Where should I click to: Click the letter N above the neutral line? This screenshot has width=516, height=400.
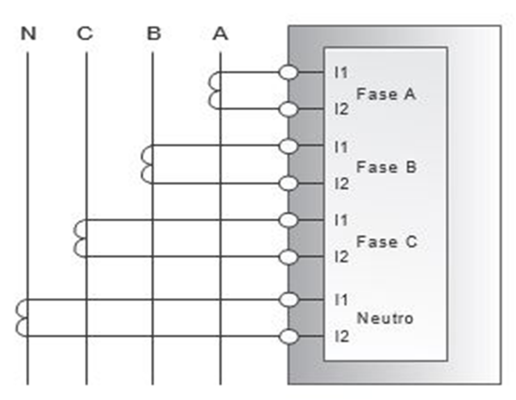[28, 34]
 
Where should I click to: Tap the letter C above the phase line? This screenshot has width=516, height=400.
[85, 34]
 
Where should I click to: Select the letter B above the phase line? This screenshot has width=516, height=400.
[154, 34]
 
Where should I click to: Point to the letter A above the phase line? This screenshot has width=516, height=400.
[220, 34]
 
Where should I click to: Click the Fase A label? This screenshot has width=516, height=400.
[386, 94]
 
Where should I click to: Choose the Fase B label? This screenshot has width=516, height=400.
[386, 167]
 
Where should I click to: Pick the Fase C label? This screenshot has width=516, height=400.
[386, 242]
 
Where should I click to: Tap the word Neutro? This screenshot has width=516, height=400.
[385, 318]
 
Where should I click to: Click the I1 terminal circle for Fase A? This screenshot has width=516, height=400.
[288, 72]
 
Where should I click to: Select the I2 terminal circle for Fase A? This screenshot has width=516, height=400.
[288, 110]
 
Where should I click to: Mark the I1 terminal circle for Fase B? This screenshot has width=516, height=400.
[288, 146]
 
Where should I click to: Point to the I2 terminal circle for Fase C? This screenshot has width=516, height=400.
[288, 257]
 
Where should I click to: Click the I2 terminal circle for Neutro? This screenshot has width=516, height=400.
[288, 337]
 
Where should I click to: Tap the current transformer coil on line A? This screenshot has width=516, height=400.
[214, 91]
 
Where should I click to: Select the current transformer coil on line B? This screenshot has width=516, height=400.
[147, 165]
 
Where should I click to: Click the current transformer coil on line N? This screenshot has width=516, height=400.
[22, 318]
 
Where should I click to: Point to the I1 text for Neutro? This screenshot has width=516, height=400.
[341, 300]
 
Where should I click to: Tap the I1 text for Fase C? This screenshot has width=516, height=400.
[341, 220]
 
